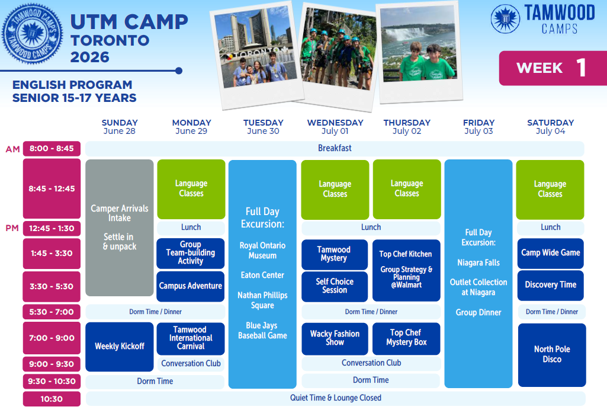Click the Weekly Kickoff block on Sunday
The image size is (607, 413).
coord(119,347)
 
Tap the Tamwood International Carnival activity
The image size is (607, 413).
coord(191,338)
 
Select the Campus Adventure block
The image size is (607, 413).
coord(191,286)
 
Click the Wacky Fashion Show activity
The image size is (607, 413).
coord(335,338)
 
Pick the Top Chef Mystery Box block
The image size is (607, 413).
coord(406,338)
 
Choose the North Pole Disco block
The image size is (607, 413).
coord(552,354)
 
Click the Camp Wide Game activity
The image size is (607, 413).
coord(551,254)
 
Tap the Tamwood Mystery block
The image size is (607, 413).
coord(335,255)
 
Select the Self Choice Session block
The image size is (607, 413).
coord(335,287)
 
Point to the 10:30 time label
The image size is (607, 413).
coord(52,399)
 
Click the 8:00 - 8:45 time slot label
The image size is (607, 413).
coord(52,148)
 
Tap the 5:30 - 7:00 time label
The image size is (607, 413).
coord(52,312)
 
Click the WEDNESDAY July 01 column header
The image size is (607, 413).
coord(335,127)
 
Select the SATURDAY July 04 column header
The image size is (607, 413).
coord(551,127)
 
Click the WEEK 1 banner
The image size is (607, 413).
coord(553,68)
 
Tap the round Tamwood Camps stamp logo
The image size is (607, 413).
coord(32,34)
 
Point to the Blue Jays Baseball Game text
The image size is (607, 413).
coord(262,331)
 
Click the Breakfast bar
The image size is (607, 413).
coord(335,148)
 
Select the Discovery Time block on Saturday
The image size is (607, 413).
coord(551,285)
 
